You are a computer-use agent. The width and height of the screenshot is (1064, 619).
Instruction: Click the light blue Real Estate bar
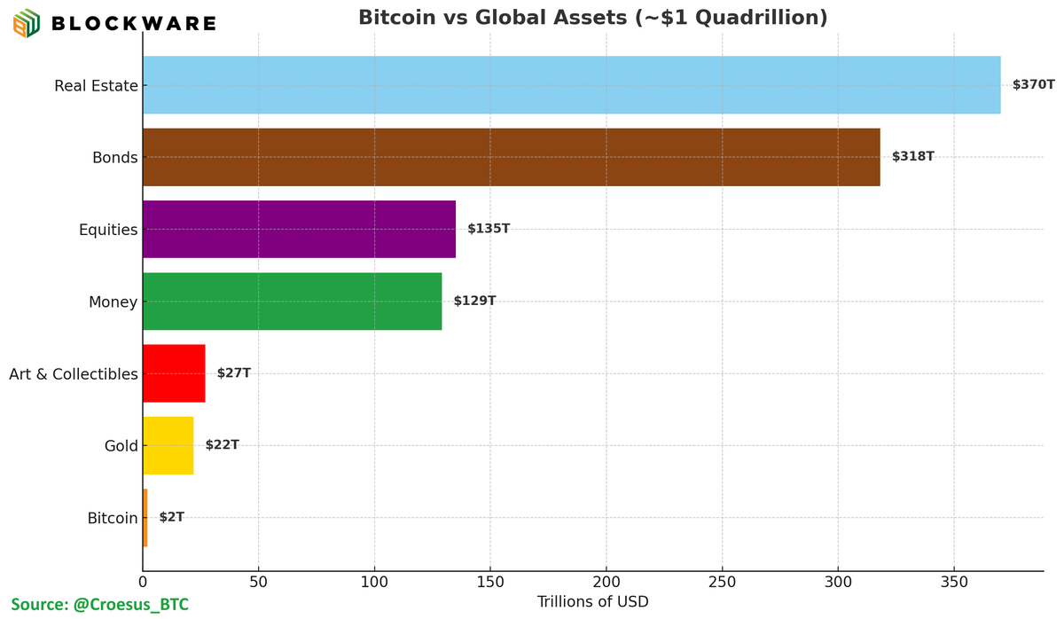571,85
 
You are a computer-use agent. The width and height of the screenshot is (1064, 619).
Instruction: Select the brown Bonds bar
511,157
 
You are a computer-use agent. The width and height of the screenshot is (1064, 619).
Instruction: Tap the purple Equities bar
299,229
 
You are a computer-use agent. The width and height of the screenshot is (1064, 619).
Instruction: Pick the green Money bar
292,302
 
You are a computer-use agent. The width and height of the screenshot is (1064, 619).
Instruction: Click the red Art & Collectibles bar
174,373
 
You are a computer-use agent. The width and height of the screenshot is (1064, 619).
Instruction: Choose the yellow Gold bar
168,445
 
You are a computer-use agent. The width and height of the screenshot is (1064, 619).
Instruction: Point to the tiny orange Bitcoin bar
145,517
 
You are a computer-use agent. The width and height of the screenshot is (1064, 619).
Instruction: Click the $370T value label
1033,85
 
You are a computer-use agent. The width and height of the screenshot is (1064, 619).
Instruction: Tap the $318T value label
912,157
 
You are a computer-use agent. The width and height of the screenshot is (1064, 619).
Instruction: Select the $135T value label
489,229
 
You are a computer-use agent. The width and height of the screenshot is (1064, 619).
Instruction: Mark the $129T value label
474,302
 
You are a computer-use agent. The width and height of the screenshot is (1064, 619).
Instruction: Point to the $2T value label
172,517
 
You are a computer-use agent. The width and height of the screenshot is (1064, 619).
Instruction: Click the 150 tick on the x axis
490,583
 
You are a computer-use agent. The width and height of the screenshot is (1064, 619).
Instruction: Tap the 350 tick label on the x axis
954,583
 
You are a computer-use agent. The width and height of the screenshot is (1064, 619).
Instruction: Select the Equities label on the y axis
108,231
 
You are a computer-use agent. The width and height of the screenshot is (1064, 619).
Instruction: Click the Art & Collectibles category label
74,374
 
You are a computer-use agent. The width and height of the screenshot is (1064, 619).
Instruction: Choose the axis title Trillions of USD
592,602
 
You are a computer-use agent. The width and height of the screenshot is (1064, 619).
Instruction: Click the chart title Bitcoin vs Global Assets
592,18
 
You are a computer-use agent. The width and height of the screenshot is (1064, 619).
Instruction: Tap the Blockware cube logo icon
26,22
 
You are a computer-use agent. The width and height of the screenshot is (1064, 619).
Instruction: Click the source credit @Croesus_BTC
99,605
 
